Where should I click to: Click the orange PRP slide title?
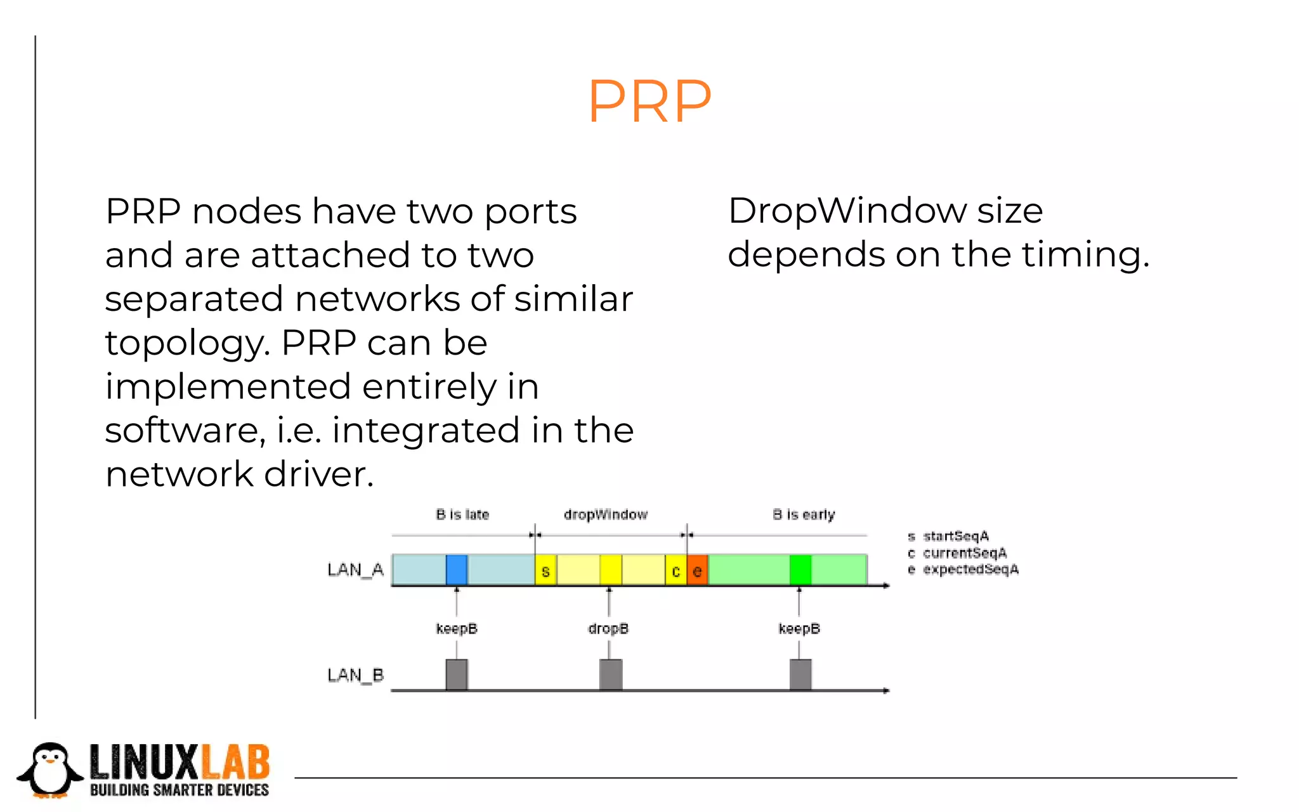(x=649, y=101)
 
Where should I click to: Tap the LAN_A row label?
(x=355, y=570)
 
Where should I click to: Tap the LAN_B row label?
(x=355, y=675)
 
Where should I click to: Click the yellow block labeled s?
(x=545, y=570)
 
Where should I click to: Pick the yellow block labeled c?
(x=676, y=571)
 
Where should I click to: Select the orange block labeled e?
(x=697, y=570)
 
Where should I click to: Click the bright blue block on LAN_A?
(x=457, y=570)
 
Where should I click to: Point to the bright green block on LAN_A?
(x=800, y=570)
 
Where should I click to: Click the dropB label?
(x=608, y=629)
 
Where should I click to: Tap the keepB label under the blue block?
(x=457, y=629)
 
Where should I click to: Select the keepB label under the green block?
(x=799, y=629)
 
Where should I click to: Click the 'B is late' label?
(x=462, y=514)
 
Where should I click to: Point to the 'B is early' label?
(x=804, y=514)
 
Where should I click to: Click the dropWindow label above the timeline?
(x=606, y=514)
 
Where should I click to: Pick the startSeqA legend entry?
(x=955, y=537)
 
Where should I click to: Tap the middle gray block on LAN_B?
(x=611, y=674)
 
